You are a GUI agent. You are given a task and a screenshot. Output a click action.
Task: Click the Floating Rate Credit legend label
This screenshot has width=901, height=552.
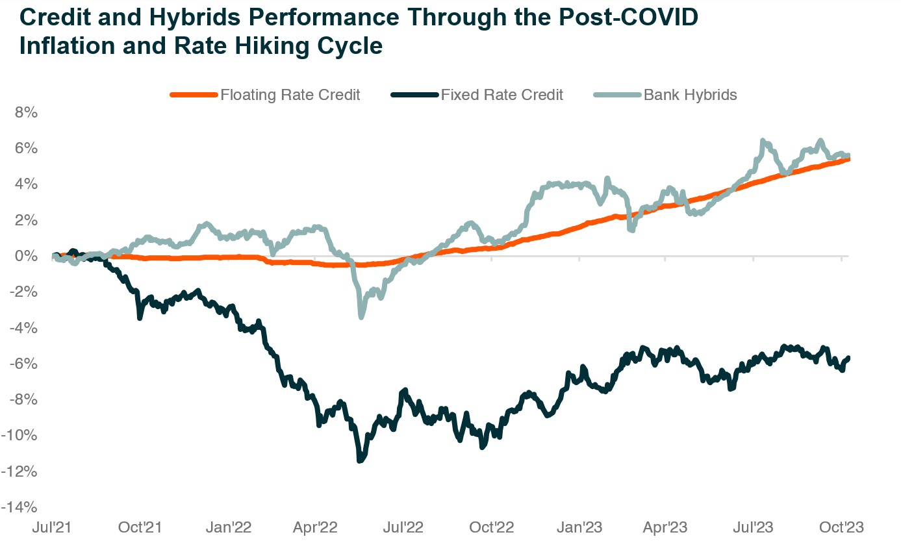click(290, 95)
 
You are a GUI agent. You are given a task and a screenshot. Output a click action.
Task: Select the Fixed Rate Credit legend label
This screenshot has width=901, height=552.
click(501, 95)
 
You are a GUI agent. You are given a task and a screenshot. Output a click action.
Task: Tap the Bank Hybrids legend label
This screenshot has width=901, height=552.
click(690, 95)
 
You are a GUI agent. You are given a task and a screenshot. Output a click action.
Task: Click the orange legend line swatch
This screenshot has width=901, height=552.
click(193, 95)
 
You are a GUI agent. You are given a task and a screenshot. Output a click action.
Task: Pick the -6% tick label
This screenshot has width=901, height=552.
click(22, 364)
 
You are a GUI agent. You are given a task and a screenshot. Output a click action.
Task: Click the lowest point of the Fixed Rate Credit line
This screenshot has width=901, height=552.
click(360, 460)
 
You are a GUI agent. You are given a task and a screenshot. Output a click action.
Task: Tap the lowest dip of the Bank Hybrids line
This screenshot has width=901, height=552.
click(361, 316)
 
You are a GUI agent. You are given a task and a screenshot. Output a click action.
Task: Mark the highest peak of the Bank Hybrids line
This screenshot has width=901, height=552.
click(763, 141)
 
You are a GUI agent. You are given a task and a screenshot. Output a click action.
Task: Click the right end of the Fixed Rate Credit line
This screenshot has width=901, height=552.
click(848, 358)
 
